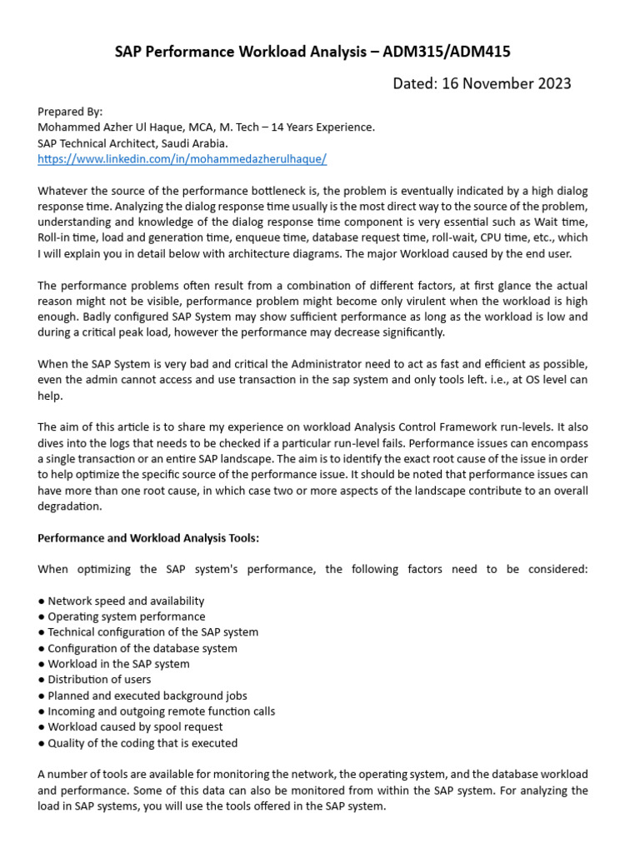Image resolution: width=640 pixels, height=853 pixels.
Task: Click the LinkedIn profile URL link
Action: [182, 158]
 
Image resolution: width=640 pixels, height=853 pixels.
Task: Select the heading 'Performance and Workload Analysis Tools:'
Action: [148, 538]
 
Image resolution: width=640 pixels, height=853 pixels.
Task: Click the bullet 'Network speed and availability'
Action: [125, 601]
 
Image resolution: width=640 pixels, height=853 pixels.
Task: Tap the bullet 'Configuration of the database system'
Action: [142, 648]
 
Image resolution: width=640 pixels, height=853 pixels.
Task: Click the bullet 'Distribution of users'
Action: [99, 680]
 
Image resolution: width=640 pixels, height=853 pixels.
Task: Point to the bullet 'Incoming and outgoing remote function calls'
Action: [161, 711]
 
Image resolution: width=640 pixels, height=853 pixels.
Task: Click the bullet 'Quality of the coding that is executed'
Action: [142, 743]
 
